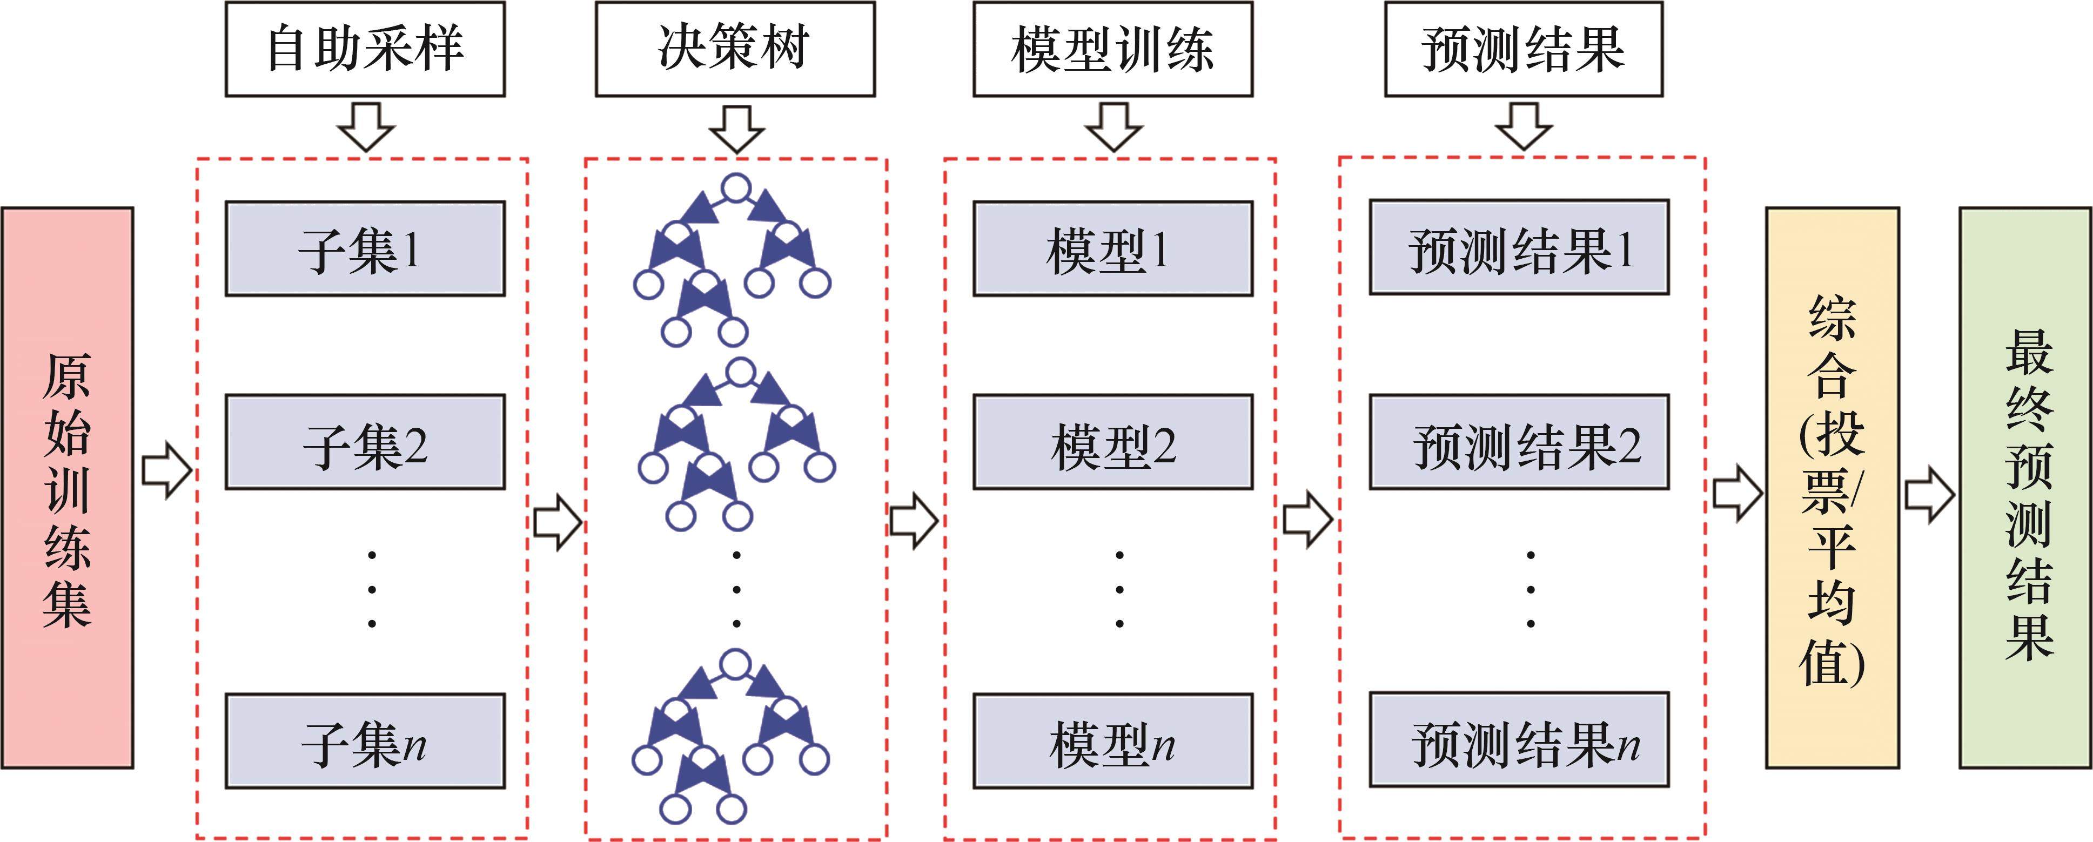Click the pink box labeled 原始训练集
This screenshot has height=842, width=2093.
click(x=68, y=487)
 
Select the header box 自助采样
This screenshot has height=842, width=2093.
click(x=365, y=49)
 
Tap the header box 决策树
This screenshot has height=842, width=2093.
click(x=735, y=49)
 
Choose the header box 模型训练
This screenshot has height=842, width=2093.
click(x=1112, y=49)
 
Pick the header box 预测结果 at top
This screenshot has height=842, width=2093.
click(x=1524, y=49)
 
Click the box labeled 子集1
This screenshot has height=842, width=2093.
click(x=365, y=248)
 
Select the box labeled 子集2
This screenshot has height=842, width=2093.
click(x=365, y=442)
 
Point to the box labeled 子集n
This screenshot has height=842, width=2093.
click(x=365, y=740)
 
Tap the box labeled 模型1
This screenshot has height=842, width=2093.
click(x=1112, y=248)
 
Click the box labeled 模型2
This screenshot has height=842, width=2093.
click(x=1112, y=442)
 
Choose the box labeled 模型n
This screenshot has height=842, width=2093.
click(x=1112, y=740)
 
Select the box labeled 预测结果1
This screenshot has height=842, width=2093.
click(x=1519, y=248)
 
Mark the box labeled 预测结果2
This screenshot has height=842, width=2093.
click(x=1519, y=442)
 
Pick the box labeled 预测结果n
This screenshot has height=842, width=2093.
click(x=1519, y=740)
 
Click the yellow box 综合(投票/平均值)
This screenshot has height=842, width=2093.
click(x=1832, y=487)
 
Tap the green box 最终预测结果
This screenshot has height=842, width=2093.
click(x=2025, y=487)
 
